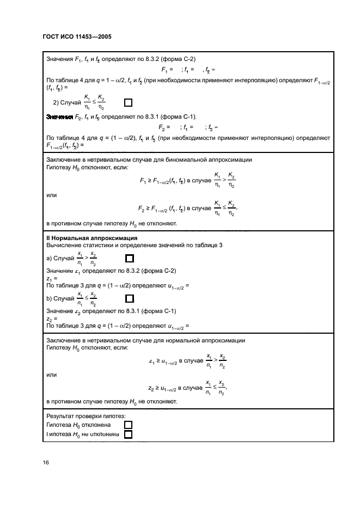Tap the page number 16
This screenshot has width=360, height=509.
click(x=46, y=462)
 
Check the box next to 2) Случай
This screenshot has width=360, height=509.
click(x=128, y=102)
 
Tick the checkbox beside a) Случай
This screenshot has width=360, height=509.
click(x=129, y=259)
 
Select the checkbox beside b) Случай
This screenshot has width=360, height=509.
click(x=129, y=298)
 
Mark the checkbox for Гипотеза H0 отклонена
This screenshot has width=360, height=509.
click(x=129, y=425)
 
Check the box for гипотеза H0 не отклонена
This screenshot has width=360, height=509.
click(x=129, y=434)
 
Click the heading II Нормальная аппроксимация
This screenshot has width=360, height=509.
click(x=84, y=238)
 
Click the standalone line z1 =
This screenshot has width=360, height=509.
click(x=52, y=279)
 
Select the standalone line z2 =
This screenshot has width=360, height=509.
click(x=52, y=319)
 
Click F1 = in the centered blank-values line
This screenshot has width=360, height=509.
click(x=167, y=70)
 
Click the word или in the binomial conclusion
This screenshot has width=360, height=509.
click(x=52, y=195)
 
